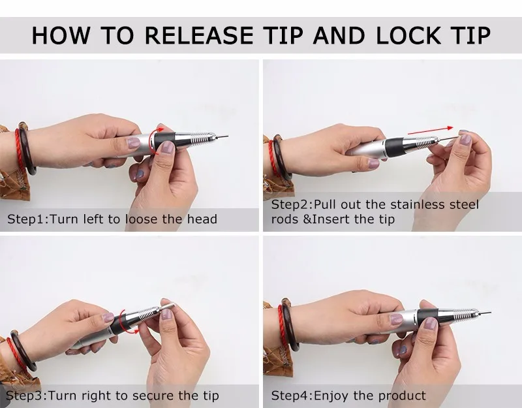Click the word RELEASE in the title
(x=199, y=35)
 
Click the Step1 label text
(x=28, y=219)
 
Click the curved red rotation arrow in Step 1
(x=154, y=140)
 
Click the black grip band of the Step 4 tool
(x=428, y=316)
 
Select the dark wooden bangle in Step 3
(x=23, y=351)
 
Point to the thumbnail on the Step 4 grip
(x=431, y=323)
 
